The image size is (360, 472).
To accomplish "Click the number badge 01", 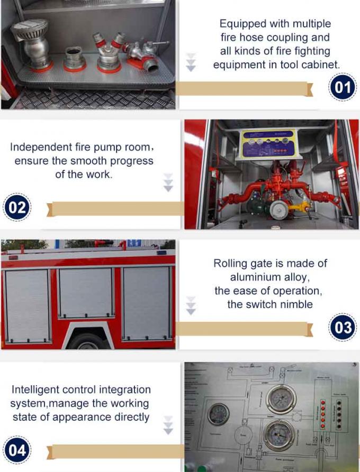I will pos(343,88).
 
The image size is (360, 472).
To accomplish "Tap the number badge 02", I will pos(17,207).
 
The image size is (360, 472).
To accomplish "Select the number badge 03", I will pos(343,327).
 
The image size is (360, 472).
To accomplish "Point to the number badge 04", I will pos(17,450).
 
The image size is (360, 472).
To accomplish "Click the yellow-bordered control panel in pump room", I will pos(269,144).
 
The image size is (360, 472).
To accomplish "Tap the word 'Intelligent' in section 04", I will pos(36,390).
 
